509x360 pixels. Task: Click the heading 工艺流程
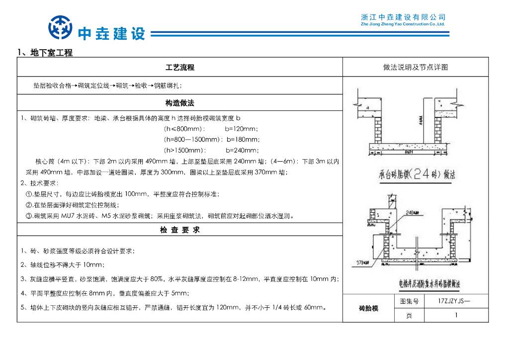[179, 67]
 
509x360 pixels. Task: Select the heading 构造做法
[179, 103]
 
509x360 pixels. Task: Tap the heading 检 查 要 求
[179, 230]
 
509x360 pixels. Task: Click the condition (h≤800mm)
[184, 129]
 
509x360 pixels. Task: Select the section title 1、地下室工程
[45, 53]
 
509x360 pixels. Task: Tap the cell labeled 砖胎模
[368, 308]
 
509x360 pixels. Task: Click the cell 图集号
[409, 301]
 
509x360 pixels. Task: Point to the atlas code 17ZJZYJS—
[454, 301]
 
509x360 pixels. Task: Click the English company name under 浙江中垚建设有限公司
[403, 24]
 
